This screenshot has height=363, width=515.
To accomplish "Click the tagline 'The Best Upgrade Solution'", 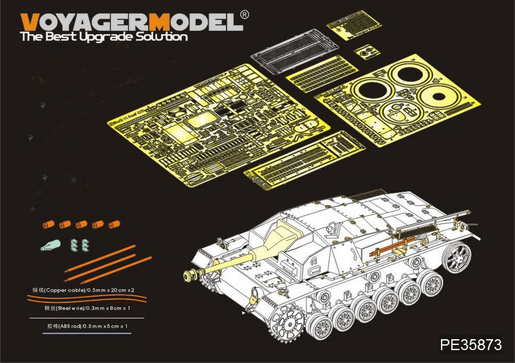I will click(x=104, y=37).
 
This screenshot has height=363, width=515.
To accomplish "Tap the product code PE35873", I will click(x=471, y=344).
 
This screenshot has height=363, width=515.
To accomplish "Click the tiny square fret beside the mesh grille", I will click(x=365, y=51).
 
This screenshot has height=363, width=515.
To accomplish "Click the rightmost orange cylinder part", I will click(x=114, y=225).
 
